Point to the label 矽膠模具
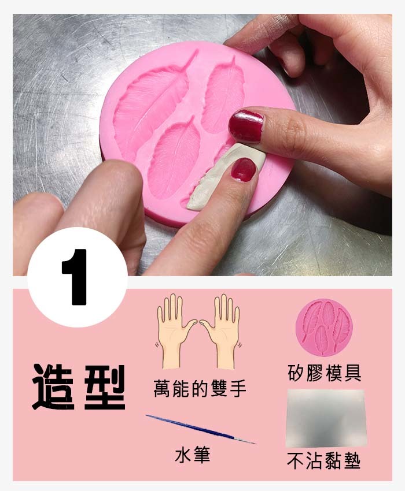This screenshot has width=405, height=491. pyautogui.click(x=325, y=373)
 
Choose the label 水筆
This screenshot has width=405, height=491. pyautogui.click(x=192, y=455)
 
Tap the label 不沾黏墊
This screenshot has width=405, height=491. pyautogui.click(x=324, y=461)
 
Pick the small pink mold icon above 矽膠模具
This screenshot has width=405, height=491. pyautogui.click(x=324, y=328)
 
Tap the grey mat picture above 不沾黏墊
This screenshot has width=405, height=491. pyautogui.click(x=326, y=418)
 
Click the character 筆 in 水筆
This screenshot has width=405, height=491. pyautogui.click(x=201, y=455)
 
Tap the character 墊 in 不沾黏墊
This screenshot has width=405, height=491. pyautogui.click(x=352, y=461)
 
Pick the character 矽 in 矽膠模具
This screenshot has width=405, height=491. pyautogui.click(x=297, y=373)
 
